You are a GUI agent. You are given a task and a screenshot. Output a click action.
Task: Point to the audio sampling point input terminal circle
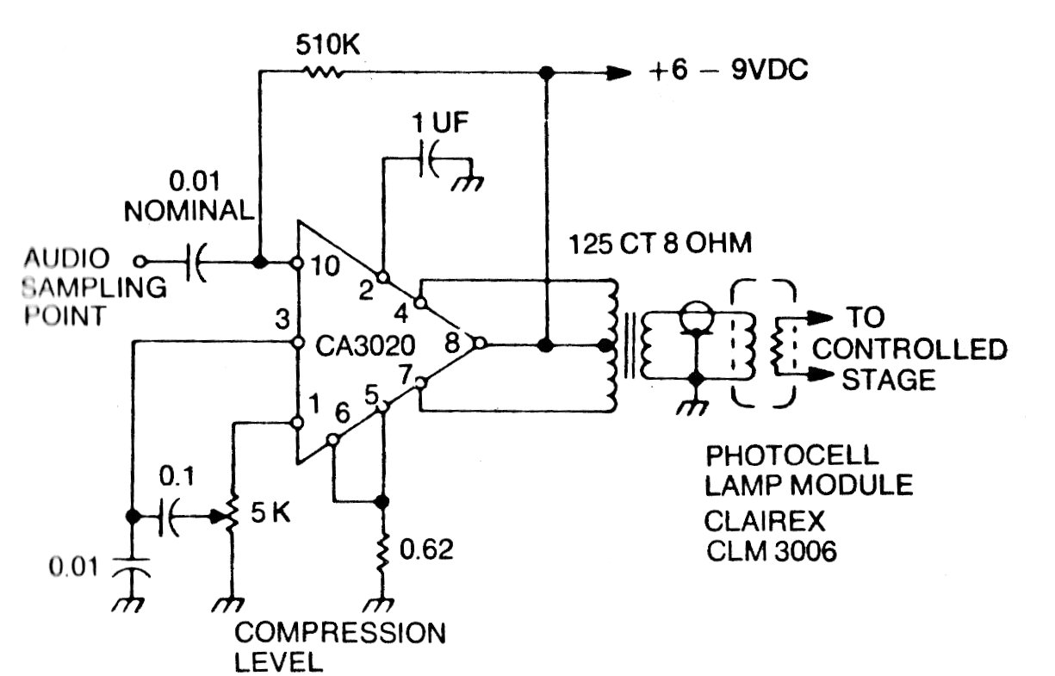point(144,259)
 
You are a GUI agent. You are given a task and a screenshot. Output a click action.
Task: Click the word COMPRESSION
point(340,634)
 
